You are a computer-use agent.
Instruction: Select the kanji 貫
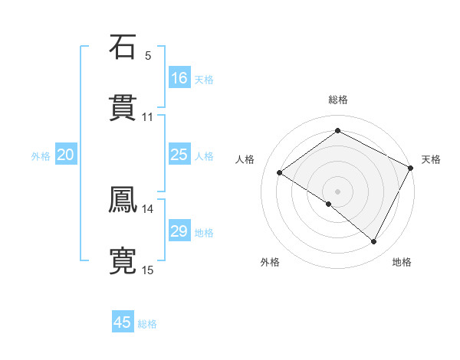tap(123, 107)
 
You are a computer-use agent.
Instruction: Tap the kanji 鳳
tap(123, 199)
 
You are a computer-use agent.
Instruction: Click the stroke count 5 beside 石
tap(148, 55)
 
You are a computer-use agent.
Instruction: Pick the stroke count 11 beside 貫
tap(147, 116)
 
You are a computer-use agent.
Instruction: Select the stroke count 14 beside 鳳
tap(147, 208)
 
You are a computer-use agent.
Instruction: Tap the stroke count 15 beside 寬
tap(147, 270)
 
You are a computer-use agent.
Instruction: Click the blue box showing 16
tap(179, 78)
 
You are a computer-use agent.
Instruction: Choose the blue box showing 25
tap(179, 155)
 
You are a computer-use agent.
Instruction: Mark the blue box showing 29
tap(179, 231)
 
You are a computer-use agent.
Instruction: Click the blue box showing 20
tap(65, 155)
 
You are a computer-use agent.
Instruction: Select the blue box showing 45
tap(123, 322)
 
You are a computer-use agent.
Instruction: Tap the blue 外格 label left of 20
tap(41, 156)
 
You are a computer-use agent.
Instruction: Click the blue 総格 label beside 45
tap(147, 324)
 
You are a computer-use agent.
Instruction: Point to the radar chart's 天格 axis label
tap(431, 159)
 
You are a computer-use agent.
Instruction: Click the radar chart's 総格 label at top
tap(337, 100)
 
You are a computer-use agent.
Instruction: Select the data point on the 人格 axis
tap(280, 172)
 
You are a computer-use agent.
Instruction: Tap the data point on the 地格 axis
tap(374, 242)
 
